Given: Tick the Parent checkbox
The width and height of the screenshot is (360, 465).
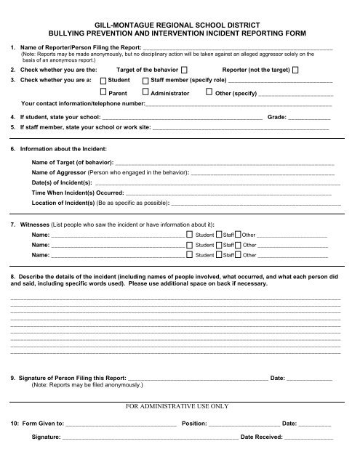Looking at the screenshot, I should tap(103, 94).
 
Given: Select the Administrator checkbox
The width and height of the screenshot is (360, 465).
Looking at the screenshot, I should tap(146, 94).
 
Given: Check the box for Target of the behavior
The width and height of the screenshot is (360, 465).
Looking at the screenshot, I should tap(184, 69).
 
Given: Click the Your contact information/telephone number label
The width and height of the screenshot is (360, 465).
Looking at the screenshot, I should tap(84, 104).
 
